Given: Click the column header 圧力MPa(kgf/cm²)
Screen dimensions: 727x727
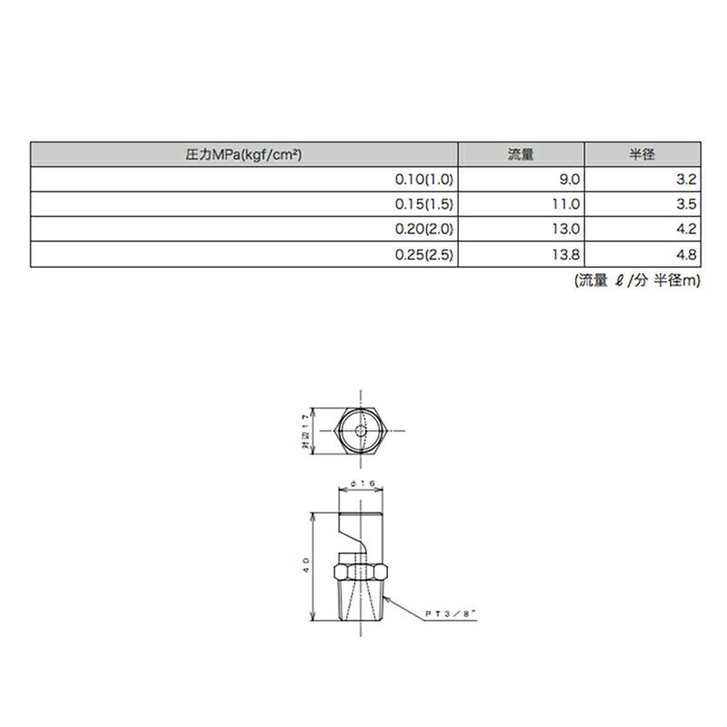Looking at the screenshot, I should point(244,154).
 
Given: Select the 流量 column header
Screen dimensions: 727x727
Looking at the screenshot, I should point(521,154).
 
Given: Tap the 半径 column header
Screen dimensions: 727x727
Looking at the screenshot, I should point(642,154).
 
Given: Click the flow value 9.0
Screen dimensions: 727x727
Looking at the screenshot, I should point(569,180).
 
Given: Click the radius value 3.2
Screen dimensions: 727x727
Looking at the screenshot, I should point(686,180).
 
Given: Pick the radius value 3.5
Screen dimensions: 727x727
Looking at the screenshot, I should point(686,205).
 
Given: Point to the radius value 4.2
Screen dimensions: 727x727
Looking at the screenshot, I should point(686,231).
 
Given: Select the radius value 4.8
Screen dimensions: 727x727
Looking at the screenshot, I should point(686,256).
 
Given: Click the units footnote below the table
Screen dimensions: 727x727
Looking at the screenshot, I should point(637,281).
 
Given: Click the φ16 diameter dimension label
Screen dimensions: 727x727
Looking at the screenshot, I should point(363,485).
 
